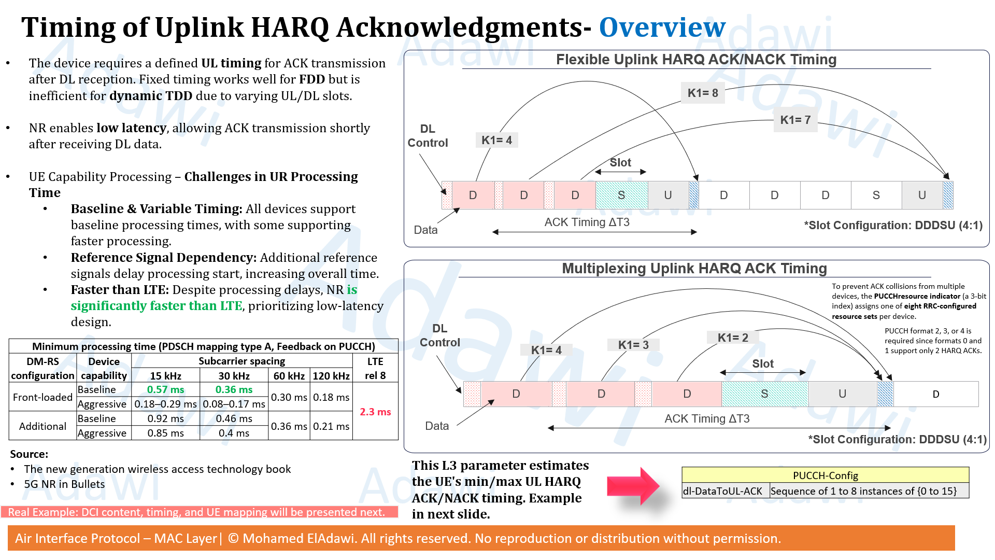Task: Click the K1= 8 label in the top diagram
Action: [x=703, y=93]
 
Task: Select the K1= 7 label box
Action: [x=795, y=120]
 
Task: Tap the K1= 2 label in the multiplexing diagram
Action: [x=733, y=338]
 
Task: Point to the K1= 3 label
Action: [x=633, y=345]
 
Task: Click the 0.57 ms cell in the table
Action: [x=165, y=389]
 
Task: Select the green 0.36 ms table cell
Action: [x=234, y=389]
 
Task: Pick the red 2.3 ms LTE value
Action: [x=375, y=412]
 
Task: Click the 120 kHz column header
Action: [x=331, y=375]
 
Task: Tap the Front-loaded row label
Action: [x=42, y=397]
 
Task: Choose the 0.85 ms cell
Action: [x=165, y=433]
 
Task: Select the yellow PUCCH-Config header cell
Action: [x=826, y=475]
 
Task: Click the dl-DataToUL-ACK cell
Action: [x=725, y=491]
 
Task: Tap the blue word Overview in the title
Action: [x=662, y=27]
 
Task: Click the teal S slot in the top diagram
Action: [x=621, y=195]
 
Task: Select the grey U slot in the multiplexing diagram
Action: [x=843, y=394]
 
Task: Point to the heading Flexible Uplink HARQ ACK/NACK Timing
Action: [x=696, y=60]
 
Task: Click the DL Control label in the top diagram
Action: [x=428, y=136]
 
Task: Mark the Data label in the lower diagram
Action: [x=437, y=426]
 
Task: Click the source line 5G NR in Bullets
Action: [x=64, y=484]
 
